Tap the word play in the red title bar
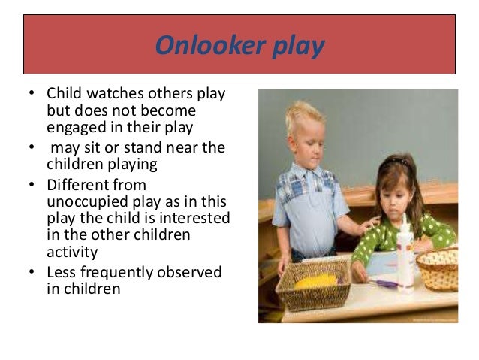click(x=299, y=47)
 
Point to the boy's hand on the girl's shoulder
click(x=367, y=225)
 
